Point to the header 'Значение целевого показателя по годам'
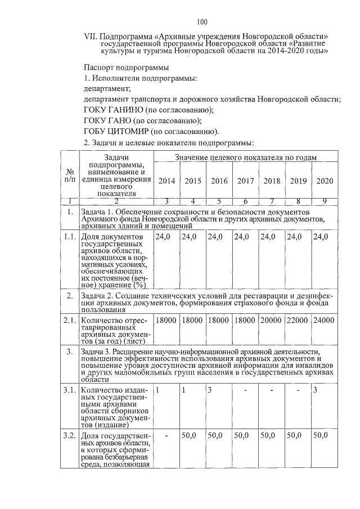245,158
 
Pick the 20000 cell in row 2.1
272,320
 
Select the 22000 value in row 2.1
298,320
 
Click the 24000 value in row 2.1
325,320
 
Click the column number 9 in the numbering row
325,201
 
